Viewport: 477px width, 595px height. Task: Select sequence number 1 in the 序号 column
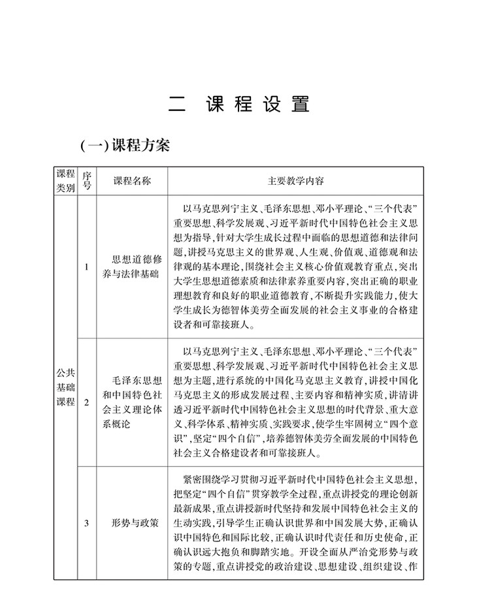(x=86, y=266)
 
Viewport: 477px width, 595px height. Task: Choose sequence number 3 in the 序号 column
(x=86, y=522)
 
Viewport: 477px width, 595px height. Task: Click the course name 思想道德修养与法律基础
(x=131, y=266)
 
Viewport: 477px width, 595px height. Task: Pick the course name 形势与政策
(x=131, y=522)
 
